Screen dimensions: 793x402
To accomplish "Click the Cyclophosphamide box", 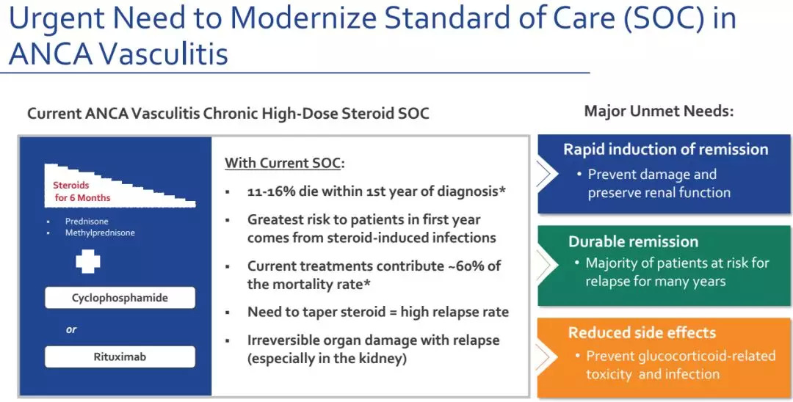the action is coord(120,297).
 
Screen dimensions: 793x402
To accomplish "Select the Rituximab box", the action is coord(120,357).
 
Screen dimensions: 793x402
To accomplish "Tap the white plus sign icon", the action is coord(88,262).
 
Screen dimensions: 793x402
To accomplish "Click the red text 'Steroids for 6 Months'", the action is coord(82,191).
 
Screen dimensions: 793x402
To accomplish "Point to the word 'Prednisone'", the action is coord(87,222).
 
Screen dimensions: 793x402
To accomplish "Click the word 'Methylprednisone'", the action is coord(100,233).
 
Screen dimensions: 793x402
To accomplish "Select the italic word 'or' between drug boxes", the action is coord(71,330).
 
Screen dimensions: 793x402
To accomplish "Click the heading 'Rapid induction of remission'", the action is coord(665,150).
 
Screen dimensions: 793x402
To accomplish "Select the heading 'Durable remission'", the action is coord(633,241).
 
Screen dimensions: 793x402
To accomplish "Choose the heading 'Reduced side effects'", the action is coord(642,332).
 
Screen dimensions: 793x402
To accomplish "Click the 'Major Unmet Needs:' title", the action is coord(659,111).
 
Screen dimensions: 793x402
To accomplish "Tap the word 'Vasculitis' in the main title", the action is coord(164,54).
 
